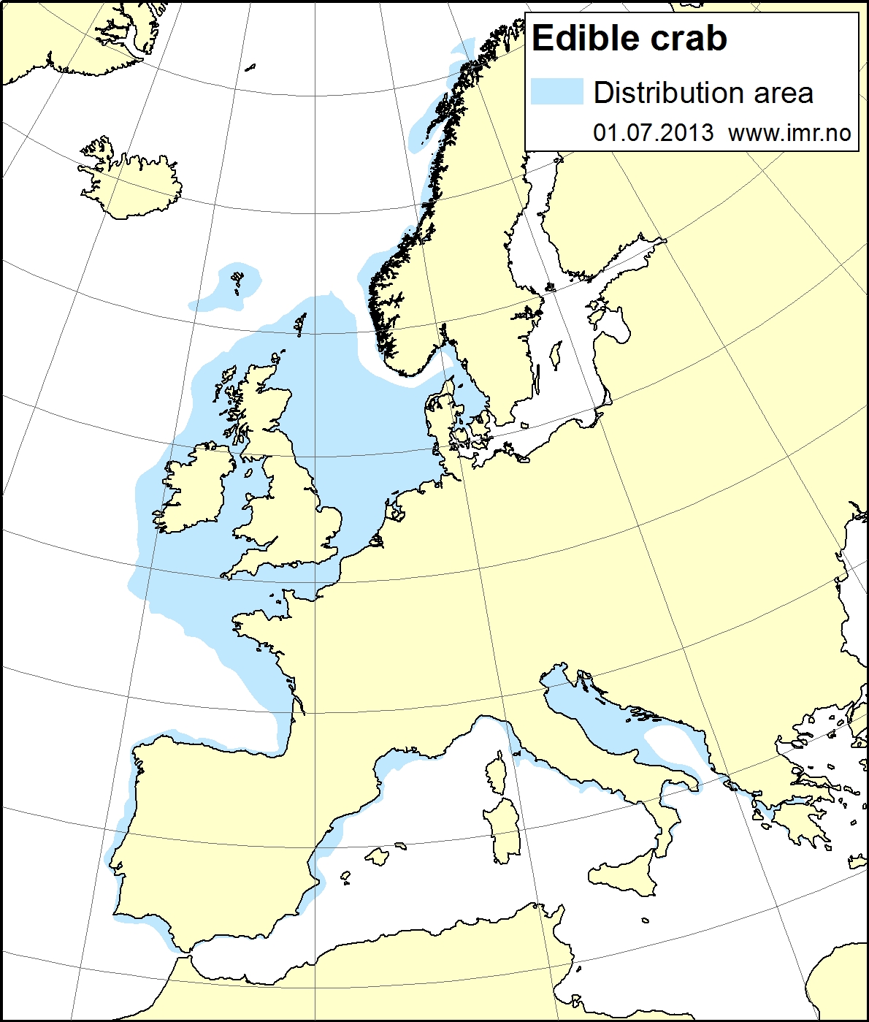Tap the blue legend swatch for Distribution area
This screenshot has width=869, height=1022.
tap(556, 92)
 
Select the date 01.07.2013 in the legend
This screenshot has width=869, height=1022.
tap(653, 132)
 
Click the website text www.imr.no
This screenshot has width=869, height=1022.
tap(789, 132)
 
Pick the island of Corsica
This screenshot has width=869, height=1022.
tap(497, 774)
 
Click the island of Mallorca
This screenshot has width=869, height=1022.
tap(378, 856)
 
